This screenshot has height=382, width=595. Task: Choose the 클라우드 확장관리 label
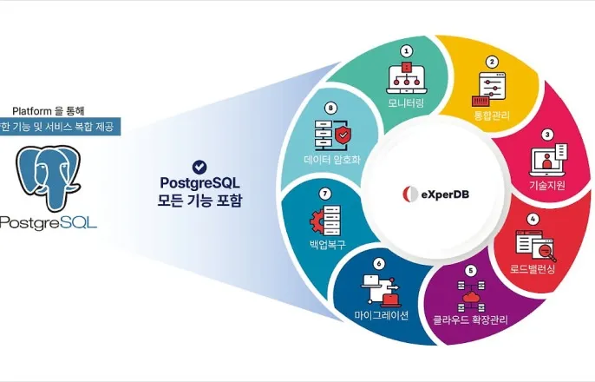(470, 319)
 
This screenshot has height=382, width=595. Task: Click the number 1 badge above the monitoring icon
(405, 50)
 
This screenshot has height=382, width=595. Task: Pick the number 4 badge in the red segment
(533, 219)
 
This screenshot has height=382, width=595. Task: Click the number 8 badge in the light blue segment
(330, 109)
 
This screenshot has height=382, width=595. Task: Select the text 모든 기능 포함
(200, 201)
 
